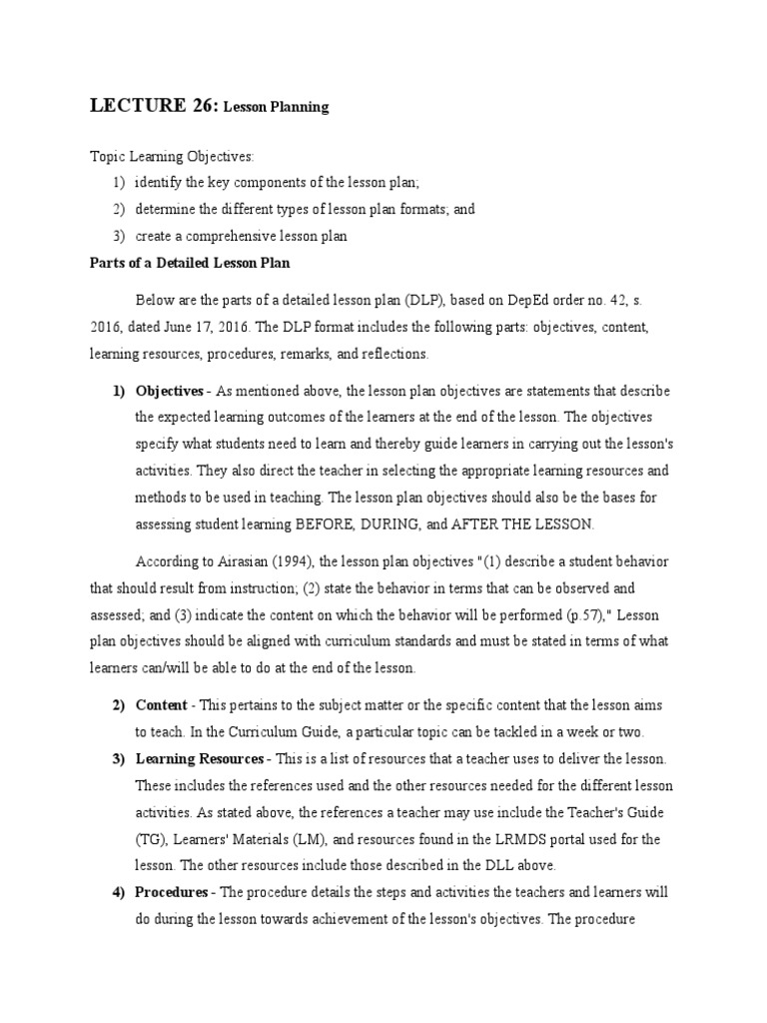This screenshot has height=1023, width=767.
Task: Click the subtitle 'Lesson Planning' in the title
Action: point(275,107)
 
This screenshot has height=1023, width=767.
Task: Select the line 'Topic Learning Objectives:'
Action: point(172,158)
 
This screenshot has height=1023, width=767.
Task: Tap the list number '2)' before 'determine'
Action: point(119,210)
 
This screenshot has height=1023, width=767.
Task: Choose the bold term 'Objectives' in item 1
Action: point(169,391)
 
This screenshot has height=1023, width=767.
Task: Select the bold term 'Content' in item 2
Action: point(161,705)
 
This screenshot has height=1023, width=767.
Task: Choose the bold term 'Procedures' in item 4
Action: point(171,891)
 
